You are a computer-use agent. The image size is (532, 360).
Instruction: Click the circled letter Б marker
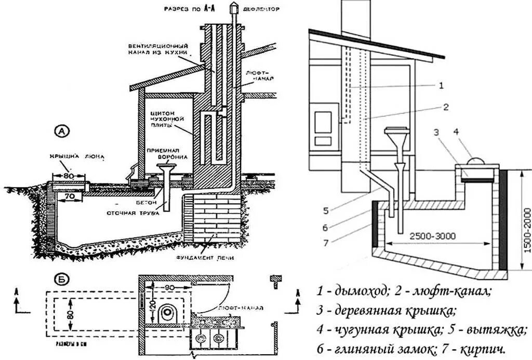click(x=62, y=280)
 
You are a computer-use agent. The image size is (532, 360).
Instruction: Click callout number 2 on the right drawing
click(x=446, y=108)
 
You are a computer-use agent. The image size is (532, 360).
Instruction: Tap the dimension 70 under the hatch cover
click(x=69, y=197)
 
